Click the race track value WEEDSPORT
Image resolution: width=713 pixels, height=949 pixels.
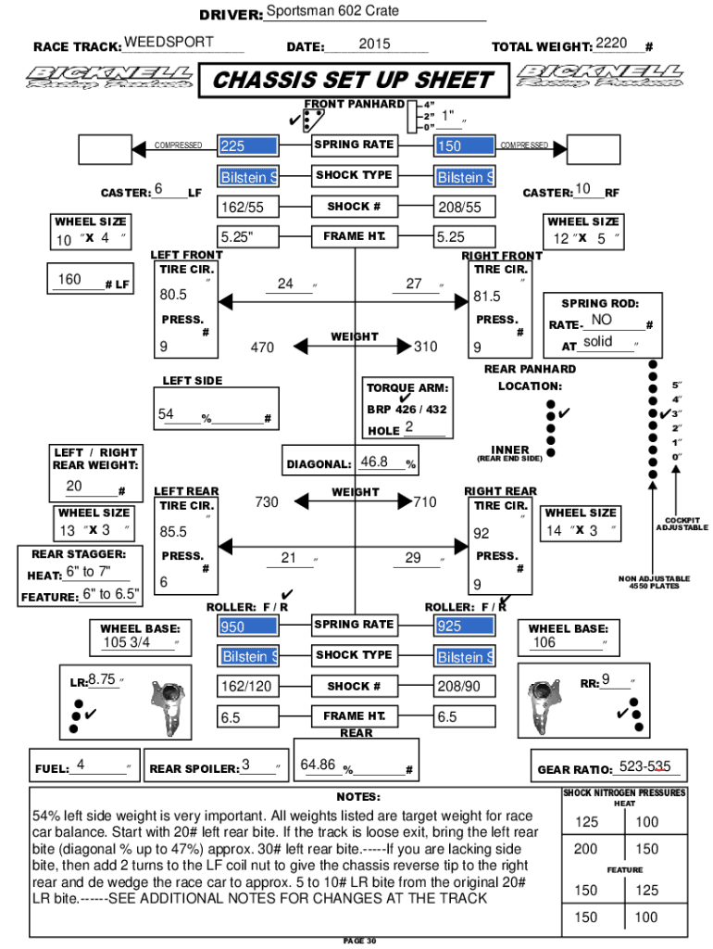[x=169, y=43]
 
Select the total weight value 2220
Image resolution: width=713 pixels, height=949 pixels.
[x=612, y=43]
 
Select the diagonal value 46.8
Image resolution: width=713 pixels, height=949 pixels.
[x=374, y=462]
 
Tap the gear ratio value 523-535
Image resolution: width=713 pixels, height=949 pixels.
[x=651, y=766]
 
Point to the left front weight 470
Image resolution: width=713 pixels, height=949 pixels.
[x=262, y=348]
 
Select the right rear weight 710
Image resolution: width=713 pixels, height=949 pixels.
[x=425, y=501]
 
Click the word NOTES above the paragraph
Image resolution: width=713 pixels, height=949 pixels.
[x=358, y=797]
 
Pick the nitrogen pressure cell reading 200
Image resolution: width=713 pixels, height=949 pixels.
[x=585, y=849]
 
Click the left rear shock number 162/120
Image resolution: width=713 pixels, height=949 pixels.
[x=246, y=687]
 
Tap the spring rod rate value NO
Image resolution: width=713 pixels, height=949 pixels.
[x=601, y=320]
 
